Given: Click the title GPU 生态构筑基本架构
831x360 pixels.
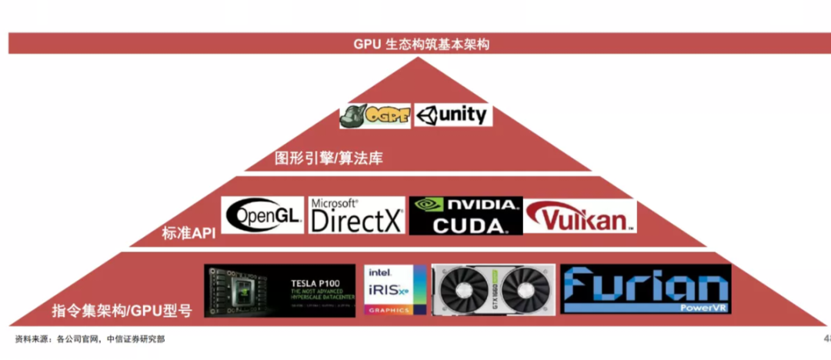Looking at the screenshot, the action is click(421, 44).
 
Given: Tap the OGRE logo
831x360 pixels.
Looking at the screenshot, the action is click(375, 115).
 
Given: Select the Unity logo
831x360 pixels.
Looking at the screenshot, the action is click(453, 115).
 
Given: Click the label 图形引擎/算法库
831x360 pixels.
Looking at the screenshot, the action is click(329, 159).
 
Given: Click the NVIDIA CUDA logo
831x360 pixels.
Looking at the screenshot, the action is click(466, 215).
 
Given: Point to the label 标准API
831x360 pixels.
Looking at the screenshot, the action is click(189, 233).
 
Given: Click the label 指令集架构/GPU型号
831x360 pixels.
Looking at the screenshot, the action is click(122, 311).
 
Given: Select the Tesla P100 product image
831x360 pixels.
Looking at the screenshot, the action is click(279, 291).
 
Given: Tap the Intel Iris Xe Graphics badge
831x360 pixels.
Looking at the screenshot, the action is click(395, 291).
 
